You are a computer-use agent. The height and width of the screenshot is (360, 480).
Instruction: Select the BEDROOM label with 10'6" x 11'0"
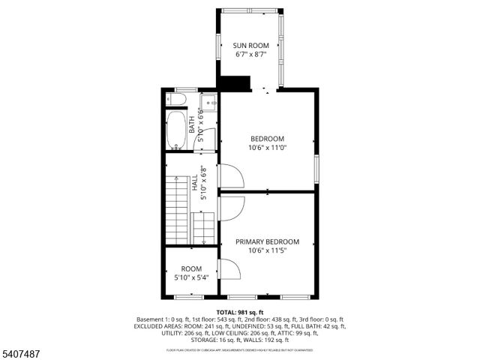tap(267, 139)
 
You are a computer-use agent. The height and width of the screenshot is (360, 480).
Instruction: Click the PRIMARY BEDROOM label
tap(267, 241)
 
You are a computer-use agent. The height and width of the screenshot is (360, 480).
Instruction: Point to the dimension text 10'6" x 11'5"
tap(267, 250)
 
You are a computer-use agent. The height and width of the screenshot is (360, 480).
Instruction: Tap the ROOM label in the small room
tap(191, 268)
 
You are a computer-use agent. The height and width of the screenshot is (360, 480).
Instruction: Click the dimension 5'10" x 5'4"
tap(191, 277)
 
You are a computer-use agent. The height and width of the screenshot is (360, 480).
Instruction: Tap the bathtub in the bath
tap(176, 130)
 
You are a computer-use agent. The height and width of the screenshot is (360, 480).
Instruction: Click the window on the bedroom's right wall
tap(316, 169)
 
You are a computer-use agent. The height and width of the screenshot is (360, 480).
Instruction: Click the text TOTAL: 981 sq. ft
tap(239, 311)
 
